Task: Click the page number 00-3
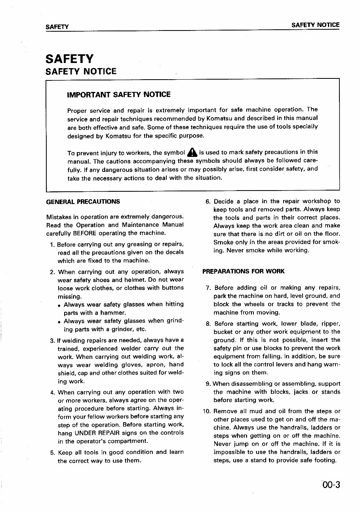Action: point(331,484)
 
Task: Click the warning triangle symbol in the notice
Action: point(192,153)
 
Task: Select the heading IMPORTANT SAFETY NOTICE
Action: point(119,95)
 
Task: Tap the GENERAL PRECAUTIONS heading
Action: point(83,201)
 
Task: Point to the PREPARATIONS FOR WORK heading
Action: point(243,271)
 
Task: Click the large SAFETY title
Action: point(70,59)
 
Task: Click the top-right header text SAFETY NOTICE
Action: point(315,25)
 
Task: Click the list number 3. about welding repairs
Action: point(52,340)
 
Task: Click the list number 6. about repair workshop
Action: point(208,201)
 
